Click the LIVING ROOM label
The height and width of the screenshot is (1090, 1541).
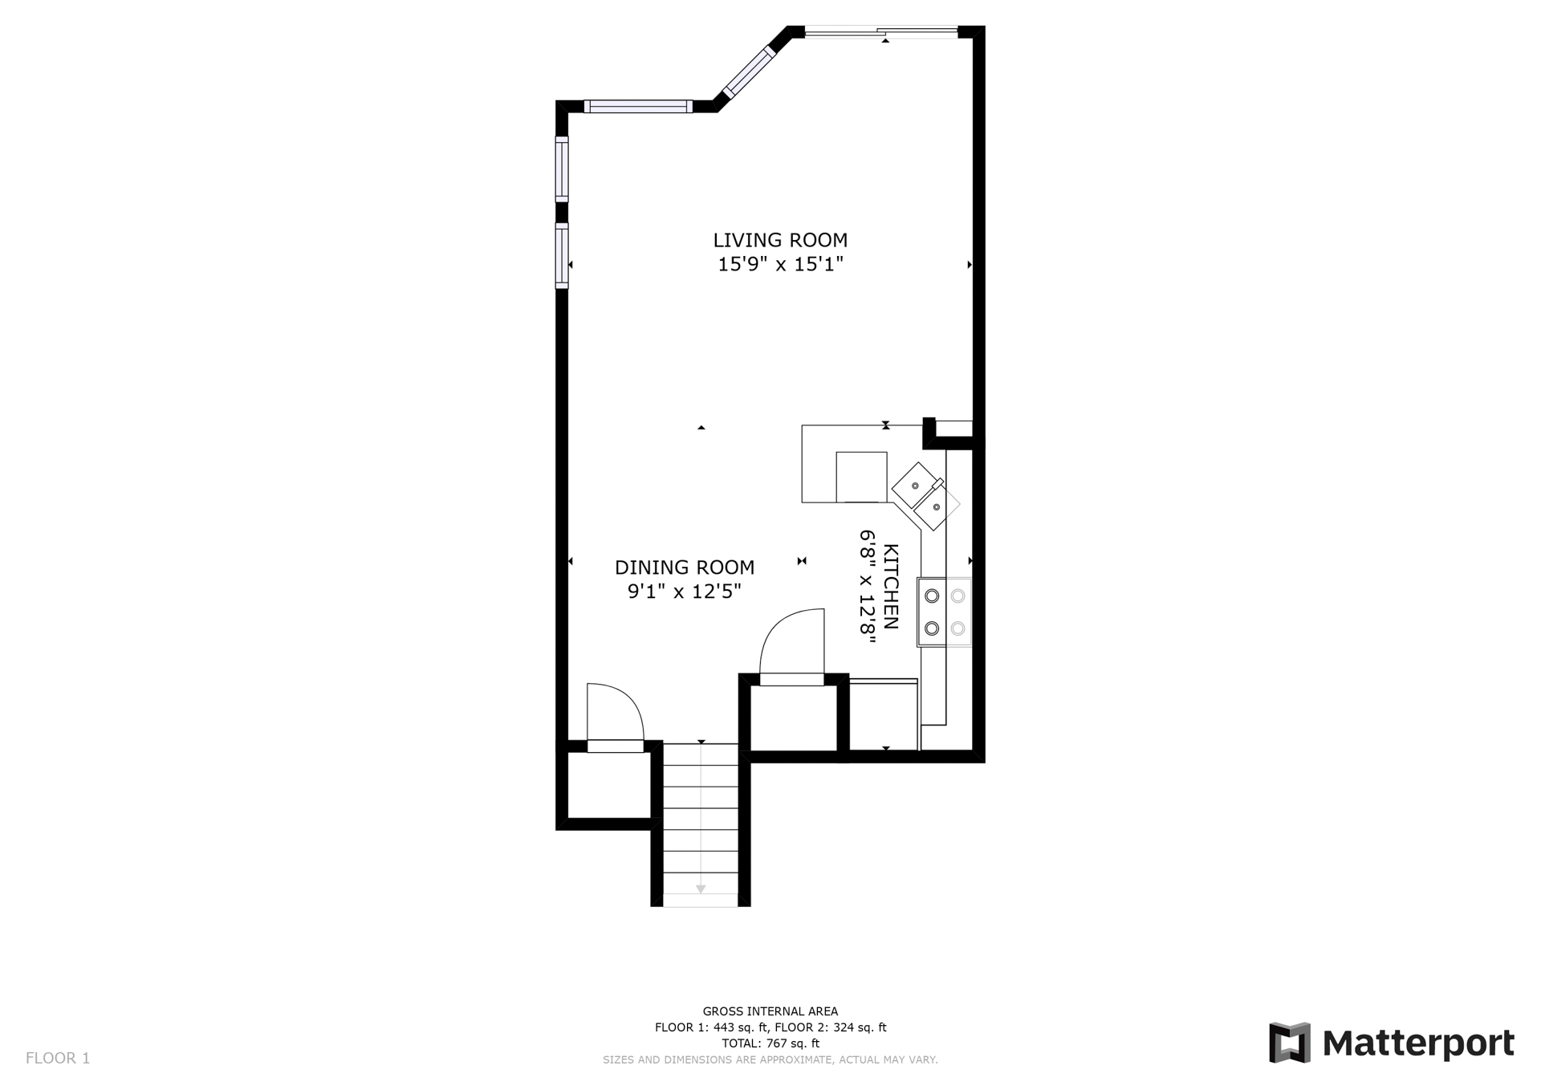tap(780, 240)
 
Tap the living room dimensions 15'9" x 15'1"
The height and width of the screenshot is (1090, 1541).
tap(780, 264)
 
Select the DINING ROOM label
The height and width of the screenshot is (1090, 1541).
tap(685, 567)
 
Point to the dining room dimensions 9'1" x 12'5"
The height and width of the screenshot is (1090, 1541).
tap(684, 592)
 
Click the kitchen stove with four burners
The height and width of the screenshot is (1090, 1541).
tap(945, 612)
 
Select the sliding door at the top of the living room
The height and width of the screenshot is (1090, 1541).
tap(881, 33)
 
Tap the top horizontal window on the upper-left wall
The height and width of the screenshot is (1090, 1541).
tap(638, 106)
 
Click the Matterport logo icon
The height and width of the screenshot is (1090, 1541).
tap(1290, 1043)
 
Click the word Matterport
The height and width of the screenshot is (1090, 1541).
tap(1418, 1043)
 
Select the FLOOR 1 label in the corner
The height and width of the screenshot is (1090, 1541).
tap(58, 1058)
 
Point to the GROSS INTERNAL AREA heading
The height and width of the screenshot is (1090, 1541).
tap(770, 1011)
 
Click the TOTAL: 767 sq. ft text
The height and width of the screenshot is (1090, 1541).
tap(770, 1043)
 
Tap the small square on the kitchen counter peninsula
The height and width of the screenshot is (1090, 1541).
tap(861, 477)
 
